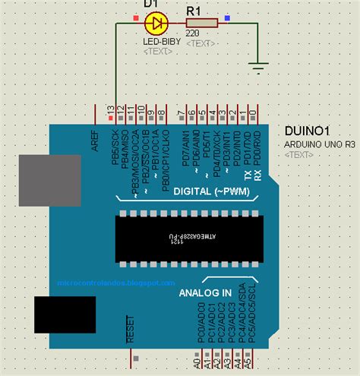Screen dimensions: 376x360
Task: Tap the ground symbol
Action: [x=260, y=66]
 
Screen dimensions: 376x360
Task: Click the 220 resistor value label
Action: [x=192, y=34]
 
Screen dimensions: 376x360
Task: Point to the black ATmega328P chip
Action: [x=189, y=239]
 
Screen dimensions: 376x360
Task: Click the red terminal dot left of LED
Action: [x=136, y=16]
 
